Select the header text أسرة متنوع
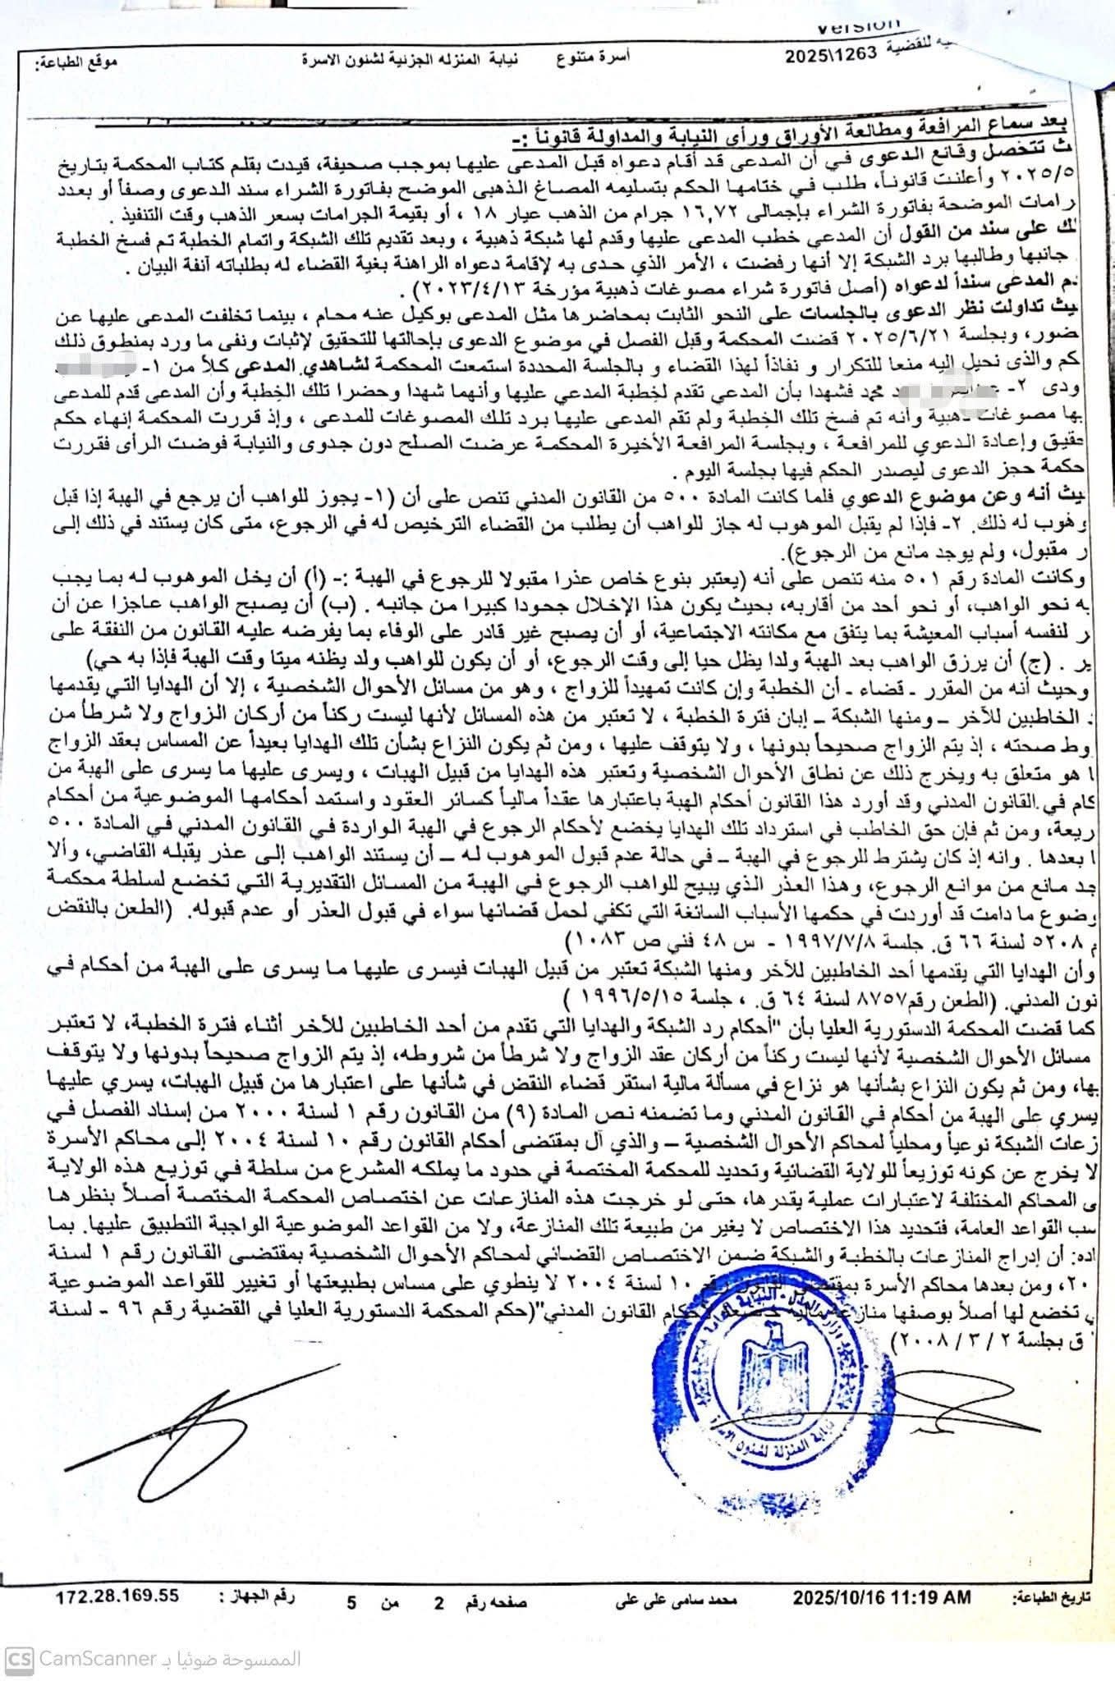point(603,57)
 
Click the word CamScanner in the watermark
point(98,1611)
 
